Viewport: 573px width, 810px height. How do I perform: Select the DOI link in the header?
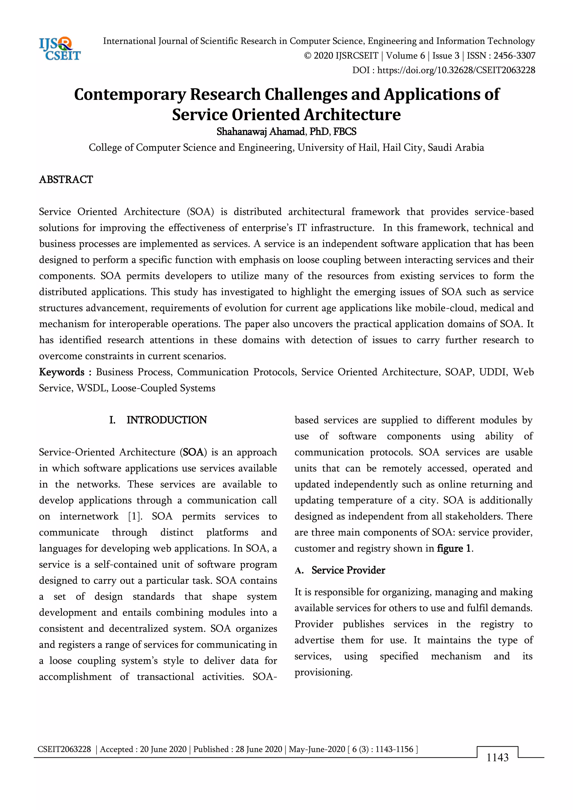(456, 70)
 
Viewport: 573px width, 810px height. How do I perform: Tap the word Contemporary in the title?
(130, 95)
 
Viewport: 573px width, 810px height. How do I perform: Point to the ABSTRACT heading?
(66, 179)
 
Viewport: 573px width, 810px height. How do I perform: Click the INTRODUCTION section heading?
(166, 420)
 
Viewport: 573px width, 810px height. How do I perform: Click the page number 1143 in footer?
(497, 757)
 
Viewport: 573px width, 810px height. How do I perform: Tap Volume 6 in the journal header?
(405, 56)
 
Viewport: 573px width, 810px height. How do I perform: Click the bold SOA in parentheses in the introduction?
(193, 452)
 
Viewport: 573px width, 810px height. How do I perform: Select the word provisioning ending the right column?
(323, 672)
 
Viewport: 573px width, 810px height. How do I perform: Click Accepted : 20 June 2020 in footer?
(143, 749)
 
